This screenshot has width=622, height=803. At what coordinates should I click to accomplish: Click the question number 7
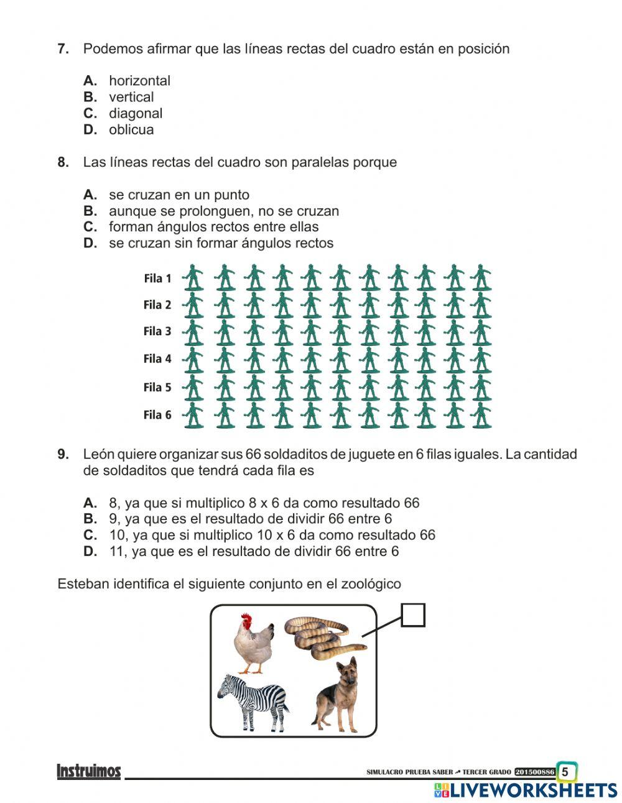pos(63,49)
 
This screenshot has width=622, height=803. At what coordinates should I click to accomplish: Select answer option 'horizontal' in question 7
pos(139,81)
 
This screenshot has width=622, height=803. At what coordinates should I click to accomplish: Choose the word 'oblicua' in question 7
pos(131,130)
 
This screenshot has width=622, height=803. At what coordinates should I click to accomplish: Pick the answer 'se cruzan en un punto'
pos(179,195)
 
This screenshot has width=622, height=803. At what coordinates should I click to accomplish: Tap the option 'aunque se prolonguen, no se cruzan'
pos(223,211)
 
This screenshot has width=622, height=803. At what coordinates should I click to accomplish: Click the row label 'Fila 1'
pos(157,279)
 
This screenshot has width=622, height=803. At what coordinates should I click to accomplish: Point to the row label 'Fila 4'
pos(157,359)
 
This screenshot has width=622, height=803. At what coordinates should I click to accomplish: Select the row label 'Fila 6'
pos(157,415)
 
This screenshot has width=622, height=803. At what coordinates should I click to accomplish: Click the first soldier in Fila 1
pos(193,277)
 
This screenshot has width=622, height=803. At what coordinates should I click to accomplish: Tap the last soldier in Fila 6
pos(481,415)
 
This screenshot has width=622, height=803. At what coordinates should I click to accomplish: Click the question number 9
pos(63,455)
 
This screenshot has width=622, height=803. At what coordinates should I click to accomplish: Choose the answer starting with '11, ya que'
pos(253,552)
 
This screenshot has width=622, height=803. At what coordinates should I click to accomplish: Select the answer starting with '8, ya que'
pos(264,503)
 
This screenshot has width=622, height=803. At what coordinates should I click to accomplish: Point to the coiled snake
pos(323,638)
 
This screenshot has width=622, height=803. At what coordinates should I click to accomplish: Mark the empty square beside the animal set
pos(413,615)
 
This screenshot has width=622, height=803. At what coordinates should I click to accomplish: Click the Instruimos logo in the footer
pos(89,772)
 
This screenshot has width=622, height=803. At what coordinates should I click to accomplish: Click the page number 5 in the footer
pos(565,772)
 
